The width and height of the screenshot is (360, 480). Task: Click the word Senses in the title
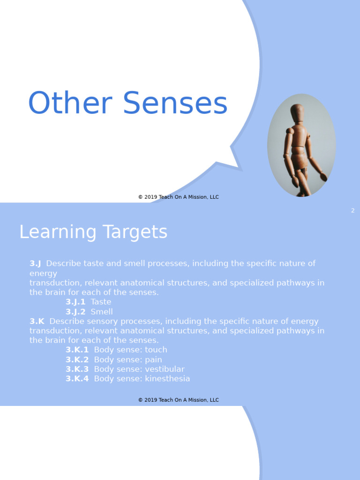(x=175, y=103)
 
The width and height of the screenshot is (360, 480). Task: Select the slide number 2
(x=352, y=211)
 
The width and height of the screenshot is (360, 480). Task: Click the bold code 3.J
(x=35, y=263)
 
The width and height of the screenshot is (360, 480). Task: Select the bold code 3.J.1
(x=75, y=302)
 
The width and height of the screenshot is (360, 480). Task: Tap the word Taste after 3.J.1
(x=101, y=302)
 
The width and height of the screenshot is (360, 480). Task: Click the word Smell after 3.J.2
(x=102, y=312)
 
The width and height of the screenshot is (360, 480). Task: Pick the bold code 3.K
(x=37, y=322)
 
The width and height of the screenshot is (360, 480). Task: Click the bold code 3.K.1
(x=77, y=350)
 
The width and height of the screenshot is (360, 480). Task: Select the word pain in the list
(x=153, y=360)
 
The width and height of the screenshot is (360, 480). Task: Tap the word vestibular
(x=165, y=369)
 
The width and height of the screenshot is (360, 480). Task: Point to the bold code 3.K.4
(x=77, y=379)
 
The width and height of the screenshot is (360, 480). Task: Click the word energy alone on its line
(x=43, y=273)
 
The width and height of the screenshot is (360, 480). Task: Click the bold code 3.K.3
(x=77, y=369)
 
